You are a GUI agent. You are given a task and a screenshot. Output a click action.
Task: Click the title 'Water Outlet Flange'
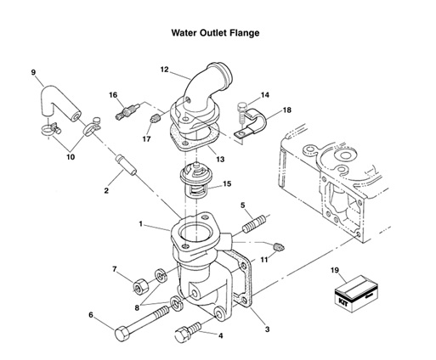pyautogui.click(x=216, y=34)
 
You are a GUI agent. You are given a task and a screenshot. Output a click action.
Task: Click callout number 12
pyautogui.click(x=164, y=69)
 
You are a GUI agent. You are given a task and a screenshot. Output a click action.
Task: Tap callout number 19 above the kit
pyautogui.click(x=336, y=270)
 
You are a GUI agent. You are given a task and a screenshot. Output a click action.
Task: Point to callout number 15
pyautogui.click(x=226, y=183)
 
